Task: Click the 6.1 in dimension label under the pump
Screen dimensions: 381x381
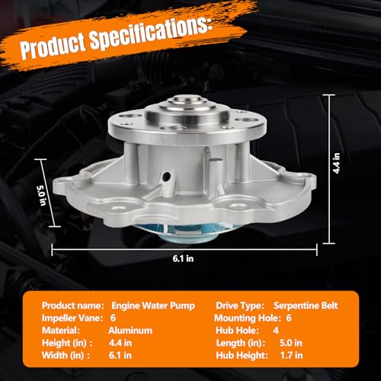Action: pyautogui.click(x=183, y=258)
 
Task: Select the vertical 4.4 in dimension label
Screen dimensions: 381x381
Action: pyautogui.click(x=337, y=163)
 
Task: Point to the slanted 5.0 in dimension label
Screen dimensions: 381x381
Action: pyautogui.click(x=41, y=196)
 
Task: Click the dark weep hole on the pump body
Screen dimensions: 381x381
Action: pyautogui.click(x=167, y=175)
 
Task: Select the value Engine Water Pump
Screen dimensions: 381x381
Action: pyautogui.click(x=153, y=306)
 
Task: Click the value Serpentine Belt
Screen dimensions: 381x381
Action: pyautogui.click(x=306, y=306)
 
